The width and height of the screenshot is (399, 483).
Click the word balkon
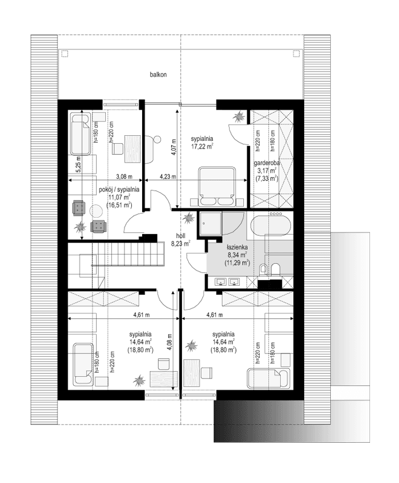(x=158, y=74)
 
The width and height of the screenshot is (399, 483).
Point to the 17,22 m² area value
(x=202, y=146)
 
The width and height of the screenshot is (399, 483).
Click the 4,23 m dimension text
(x=168, y=176)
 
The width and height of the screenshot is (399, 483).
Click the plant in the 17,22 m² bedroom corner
(x=238, y=116)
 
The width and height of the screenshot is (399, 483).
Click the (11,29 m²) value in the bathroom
(x=238, y=263)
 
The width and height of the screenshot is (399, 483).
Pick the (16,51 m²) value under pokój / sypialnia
(x=119, y=205)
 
